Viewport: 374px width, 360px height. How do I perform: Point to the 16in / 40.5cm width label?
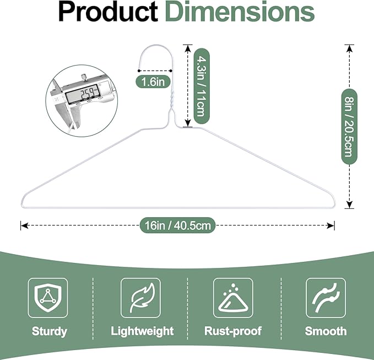[177, 225]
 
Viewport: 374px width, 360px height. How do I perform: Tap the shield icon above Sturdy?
[48, 298]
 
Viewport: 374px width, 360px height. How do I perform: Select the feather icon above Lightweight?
[141, 298]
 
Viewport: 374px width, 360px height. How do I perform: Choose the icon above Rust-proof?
[233, 298]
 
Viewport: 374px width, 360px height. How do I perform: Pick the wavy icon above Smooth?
[326, 298]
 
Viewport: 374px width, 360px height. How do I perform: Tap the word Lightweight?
[142, 331]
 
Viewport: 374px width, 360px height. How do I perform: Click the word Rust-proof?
[233, 331]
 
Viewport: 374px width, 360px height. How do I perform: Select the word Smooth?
[326, 331]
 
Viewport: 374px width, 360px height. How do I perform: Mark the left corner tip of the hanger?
[23, 201]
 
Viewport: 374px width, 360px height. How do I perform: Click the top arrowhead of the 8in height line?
[348, 49]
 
